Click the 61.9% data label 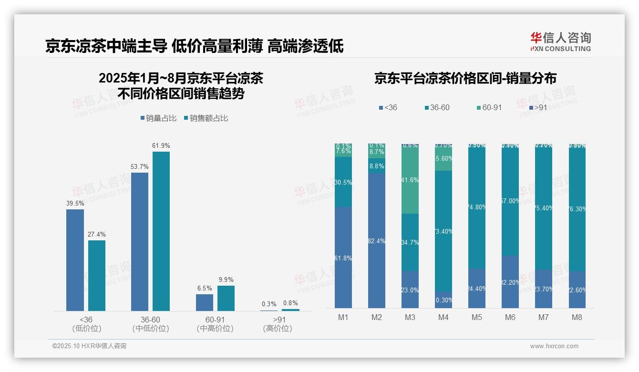coord(161,145)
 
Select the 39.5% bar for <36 coord(75,260)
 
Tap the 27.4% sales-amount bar coord(97,276)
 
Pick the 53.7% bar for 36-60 coord(140,241)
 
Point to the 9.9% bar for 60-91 coord(226,298)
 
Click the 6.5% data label coord(204,289)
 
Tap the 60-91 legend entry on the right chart coord(489,108)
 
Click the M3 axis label coord(410,318)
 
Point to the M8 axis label coord(577,318)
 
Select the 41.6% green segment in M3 coord(410,180)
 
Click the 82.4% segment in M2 coord(377,241)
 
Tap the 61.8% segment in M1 coord(343,258)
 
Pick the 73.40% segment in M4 coord(443,231)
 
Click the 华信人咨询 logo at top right coord(560,41)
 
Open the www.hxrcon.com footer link coord(554,346)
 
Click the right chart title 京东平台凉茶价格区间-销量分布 coord(465,79)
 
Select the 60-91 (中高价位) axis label coord(215,324)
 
